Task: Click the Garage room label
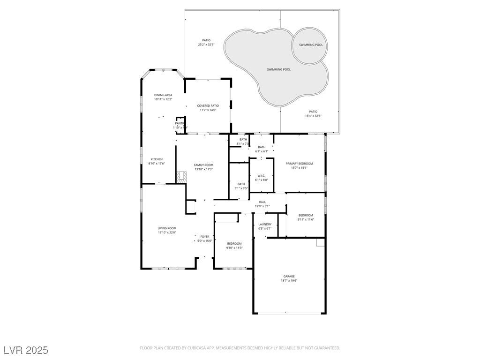(289, 277)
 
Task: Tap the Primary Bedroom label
(299, 164)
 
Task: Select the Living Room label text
(167, 228)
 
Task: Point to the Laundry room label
(265, 225)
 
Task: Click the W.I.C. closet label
(262, 176)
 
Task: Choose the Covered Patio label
(208, 106)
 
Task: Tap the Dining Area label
(163, 95)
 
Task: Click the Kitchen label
(157, 159)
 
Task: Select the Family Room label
(203, 165)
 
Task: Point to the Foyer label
(205, 237)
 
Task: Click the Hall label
(262, 202)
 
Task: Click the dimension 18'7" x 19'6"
(289, 281)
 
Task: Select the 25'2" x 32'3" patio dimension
(206, 45)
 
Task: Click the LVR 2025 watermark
(26, 350)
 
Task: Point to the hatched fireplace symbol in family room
(181, 177)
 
